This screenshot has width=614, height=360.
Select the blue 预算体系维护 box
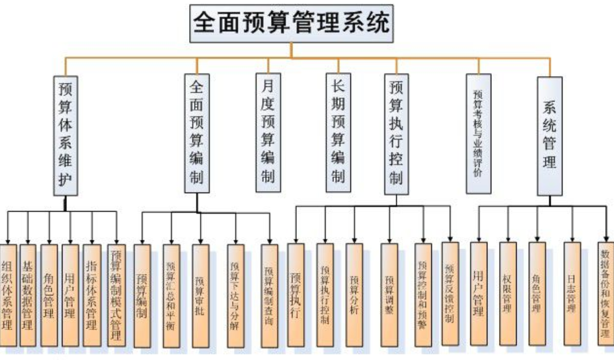pos(65,135)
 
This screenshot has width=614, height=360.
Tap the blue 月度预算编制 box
pos(268,132)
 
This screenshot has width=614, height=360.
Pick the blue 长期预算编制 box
pos(338,132)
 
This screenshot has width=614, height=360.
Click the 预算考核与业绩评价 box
pos(479,133)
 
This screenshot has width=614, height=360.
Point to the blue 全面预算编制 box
pos(197,132)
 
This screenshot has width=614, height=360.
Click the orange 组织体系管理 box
pos(8,296)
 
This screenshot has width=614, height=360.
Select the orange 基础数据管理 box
pos(28,296)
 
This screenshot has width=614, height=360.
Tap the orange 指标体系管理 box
pos(92,296)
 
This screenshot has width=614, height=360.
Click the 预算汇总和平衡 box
pos(172,296)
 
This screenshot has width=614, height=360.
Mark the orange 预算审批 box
pos(201,296)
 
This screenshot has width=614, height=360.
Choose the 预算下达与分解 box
pos(236,296)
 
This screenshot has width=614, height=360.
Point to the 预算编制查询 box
pos(269,296)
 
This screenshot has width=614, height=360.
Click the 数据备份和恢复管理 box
pos(606,296)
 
